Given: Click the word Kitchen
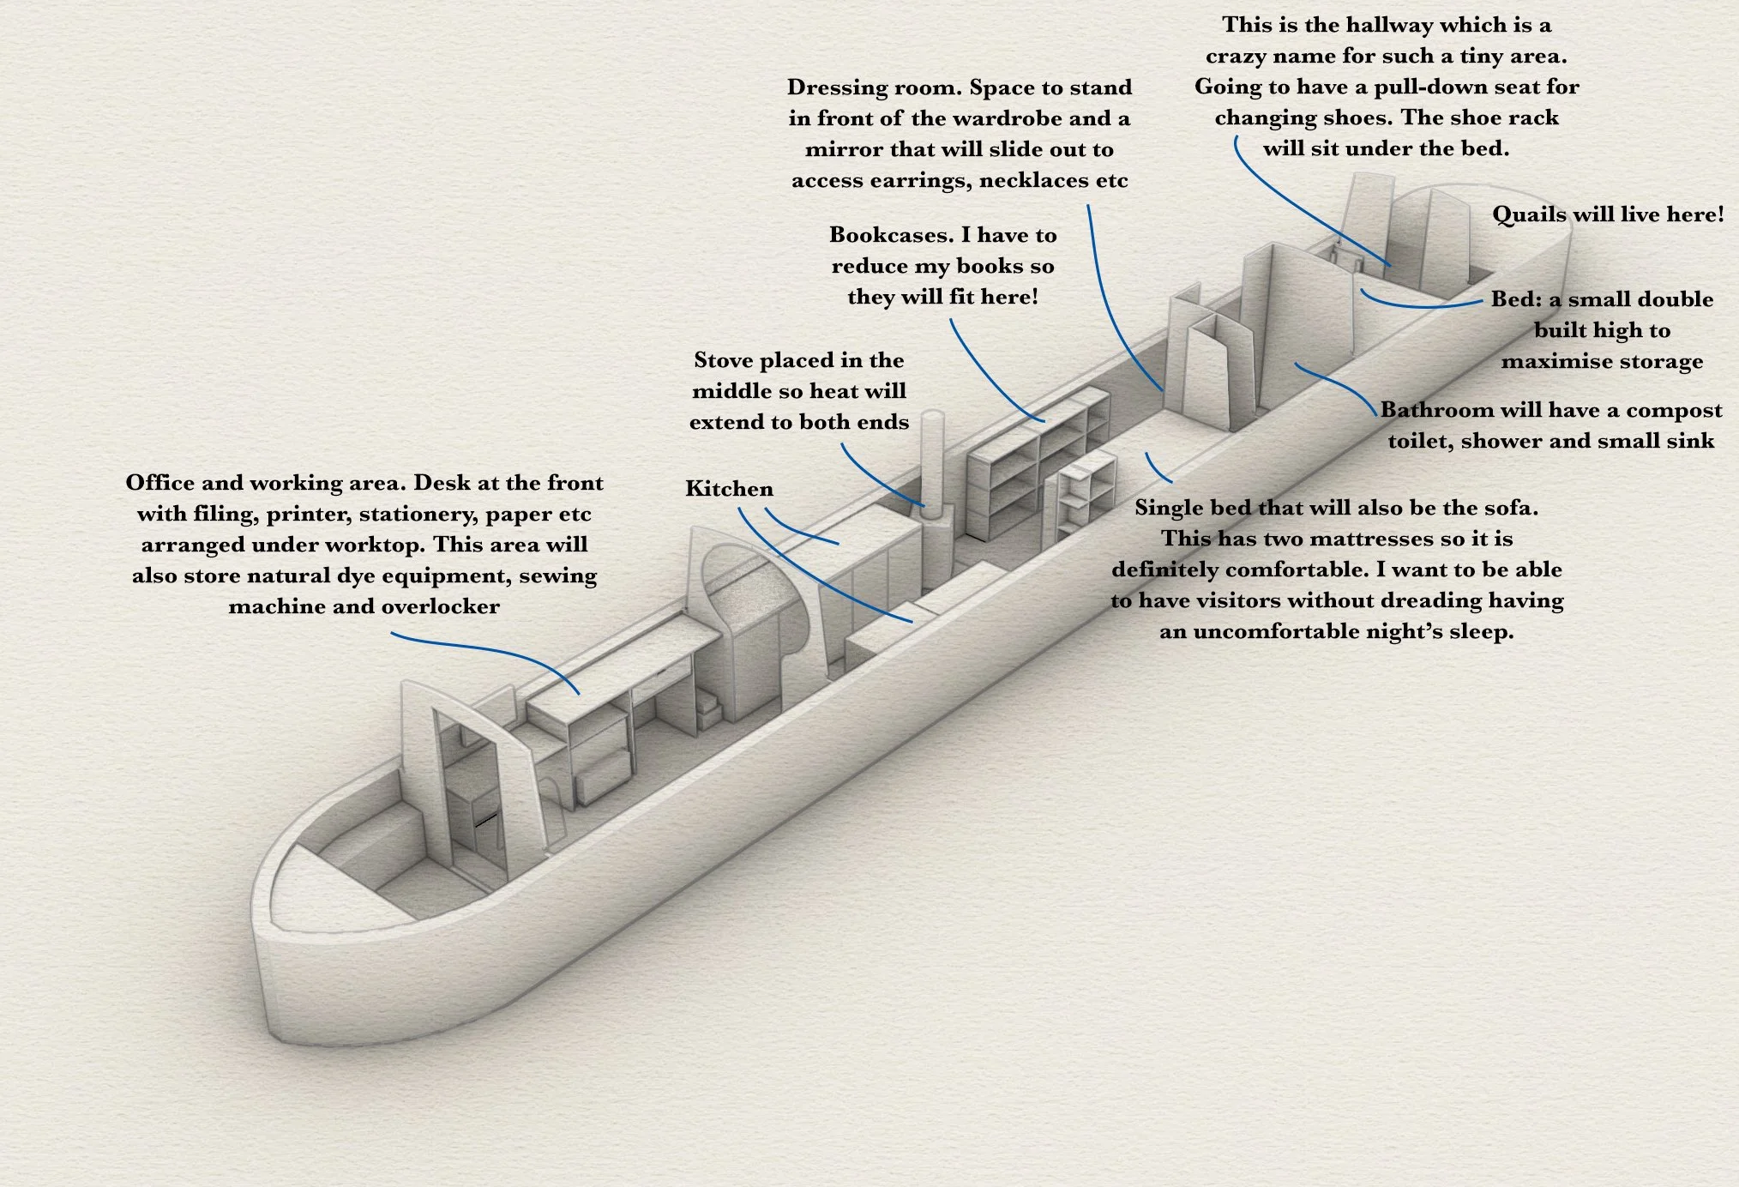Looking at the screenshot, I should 729,489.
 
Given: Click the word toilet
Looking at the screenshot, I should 1419,441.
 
